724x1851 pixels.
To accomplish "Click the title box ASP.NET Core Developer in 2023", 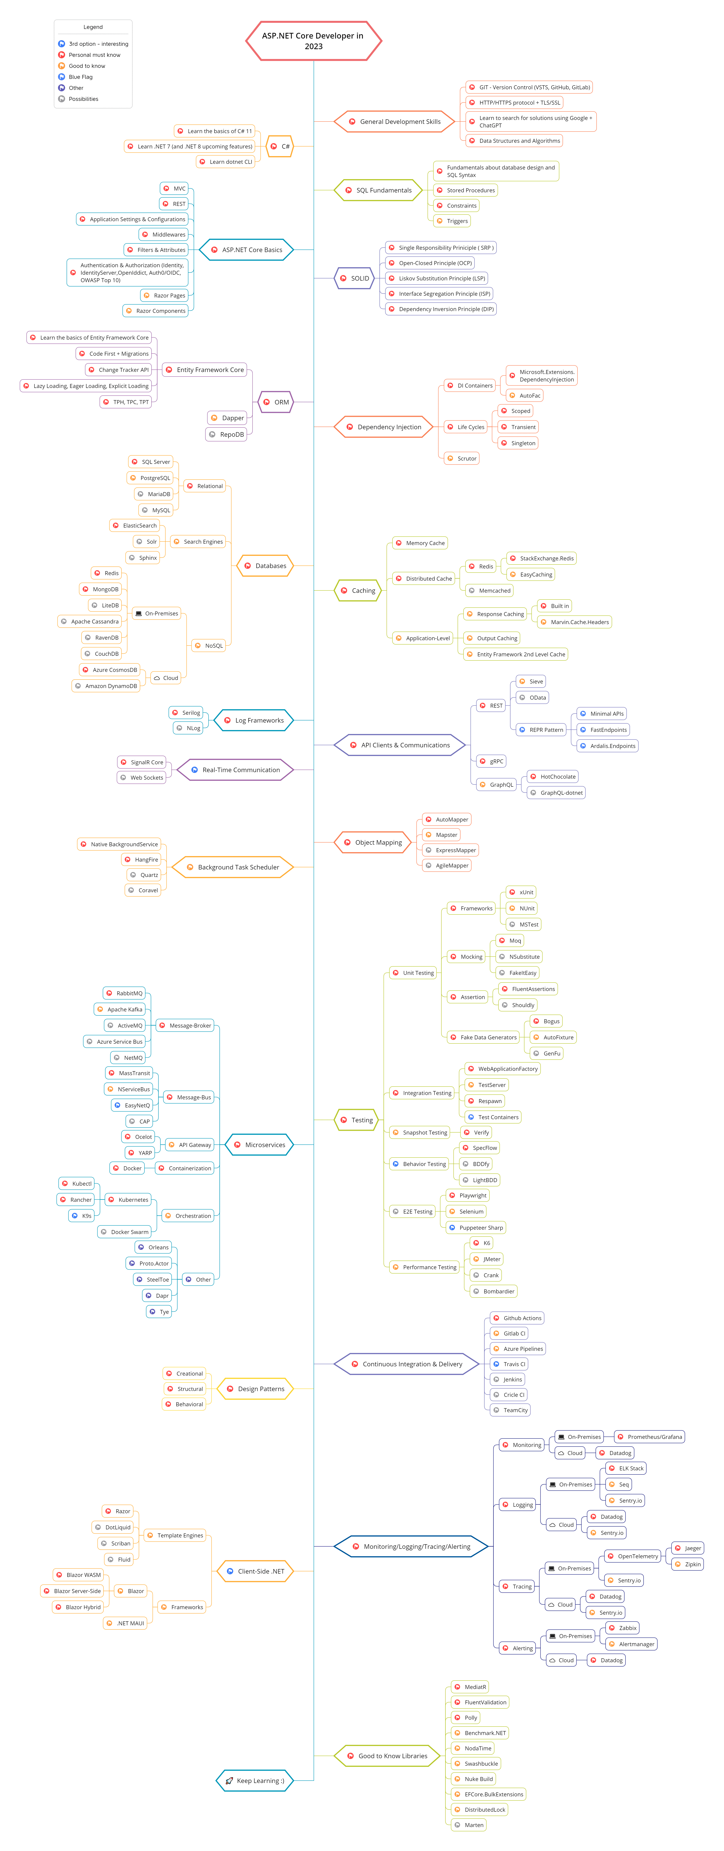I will click(x=313, y=41).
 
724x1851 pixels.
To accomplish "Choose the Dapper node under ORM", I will click(x=228, y=417).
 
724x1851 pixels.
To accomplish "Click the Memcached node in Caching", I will click(x=489, y=591).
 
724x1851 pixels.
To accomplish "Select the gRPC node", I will click(x=491, y=761).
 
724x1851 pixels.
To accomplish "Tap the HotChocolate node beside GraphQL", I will click(x=553, y=777).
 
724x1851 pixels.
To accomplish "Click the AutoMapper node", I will click(x=447, y=819).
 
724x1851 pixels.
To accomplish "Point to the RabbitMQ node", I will click(x=125, y=993).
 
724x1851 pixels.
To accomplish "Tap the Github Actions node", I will click(x=517, y=1318).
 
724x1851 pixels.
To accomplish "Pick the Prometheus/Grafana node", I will click(x=650, y=1436).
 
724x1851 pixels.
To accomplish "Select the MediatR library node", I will click(x=471, y=1686).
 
